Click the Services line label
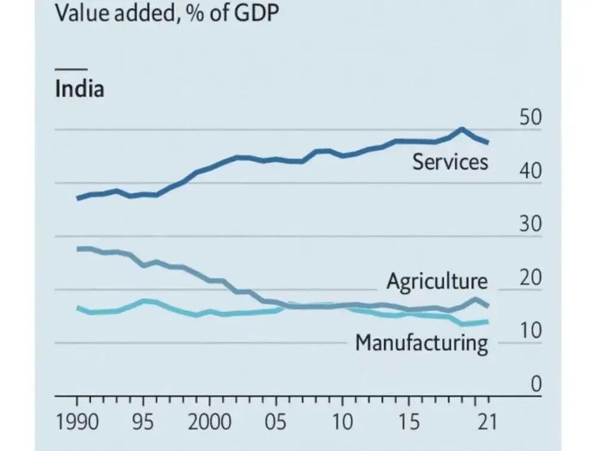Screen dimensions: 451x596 click(450, 162)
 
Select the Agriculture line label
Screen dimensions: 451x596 click(437, 281)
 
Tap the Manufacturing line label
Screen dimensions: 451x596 click(421, 343)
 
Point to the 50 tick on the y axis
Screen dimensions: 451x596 click(530, 118)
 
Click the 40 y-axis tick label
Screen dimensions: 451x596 click(530, 172)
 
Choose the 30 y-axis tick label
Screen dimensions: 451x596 click(530, 225)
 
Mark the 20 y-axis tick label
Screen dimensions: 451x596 click(530, 279)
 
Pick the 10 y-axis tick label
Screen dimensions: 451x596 click(530, 332)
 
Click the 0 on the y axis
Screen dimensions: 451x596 click(536, 385)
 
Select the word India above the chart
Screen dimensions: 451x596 click(79, 89)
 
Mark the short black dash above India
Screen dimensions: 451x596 click(71, 69)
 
